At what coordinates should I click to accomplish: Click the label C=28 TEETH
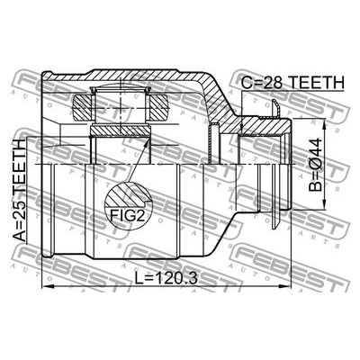tap(293, 82)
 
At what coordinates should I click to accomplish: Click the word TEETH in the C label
tap(316, 82)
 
